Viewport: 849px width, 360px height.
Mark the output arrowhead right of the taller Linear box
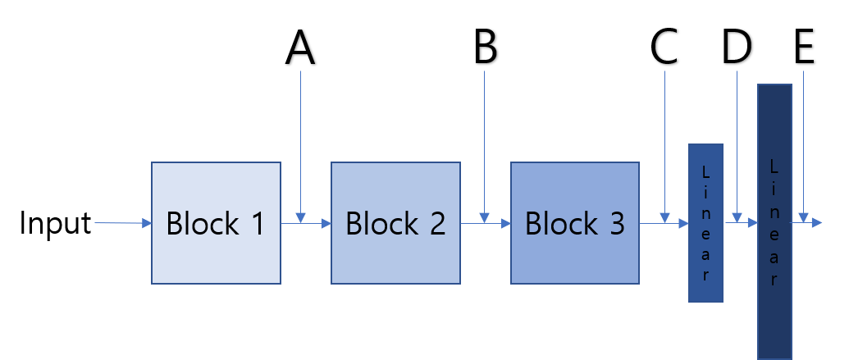click(x=816, y=222)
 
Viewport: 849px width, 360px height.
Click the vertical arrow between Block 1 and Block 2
click(x=301, y=139)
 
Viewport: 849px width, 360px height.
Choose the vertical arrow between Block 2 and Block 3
click(x=485, y=139)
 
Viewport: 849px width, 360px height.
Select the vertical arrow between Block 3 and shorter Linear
click(x=664, y=139)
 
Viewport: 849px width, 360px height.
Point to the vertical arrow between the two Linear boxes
click(x=737, y=139)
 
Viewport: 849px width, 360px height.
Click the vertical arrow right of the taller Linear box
click(x=803, y=139)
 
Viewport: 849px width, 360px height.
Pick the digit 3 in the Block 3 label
click(x=614, y=223)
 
